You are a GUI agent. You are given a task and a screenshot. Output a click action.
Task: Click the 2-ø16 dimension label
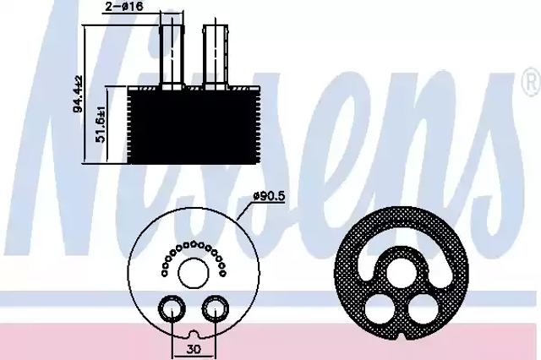tap(124, 6)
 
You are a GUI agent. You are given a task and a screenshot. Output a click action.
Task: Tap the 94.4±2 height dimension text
tap(77, 94)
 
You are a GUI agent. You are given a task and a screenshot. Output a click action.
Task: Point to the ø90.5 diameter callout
tap(269, 196)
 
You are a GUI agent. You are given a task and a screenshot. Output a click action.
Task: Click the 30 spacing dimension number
tap(194, 350)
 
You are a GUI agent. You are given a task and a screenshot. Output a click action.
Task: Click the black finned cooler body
tap(194, 125)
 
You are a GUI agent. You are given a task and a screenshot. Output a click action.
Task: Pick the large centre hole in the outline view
tap(194, 273)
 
